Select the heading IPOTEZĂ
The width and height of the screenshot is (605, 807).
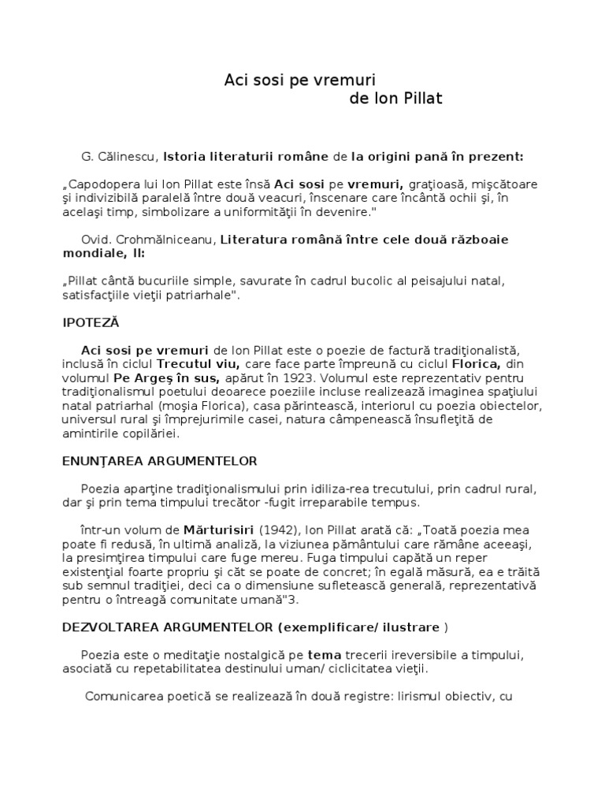click(90, 323)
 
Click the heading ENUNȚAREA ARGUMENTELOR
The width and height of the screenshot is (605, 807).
click(160, 460)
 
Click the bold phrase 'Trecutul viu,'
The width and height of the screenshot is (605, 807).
click(199, 364)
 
